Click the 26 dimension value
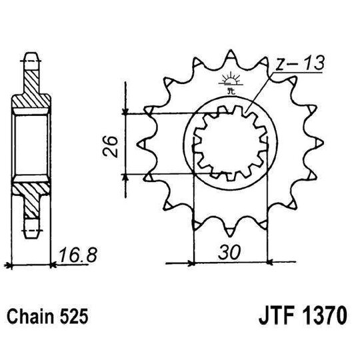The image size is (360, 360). (x=113, y=145)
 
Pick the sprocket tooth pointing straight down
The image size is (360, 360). (x=229, y=230)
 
